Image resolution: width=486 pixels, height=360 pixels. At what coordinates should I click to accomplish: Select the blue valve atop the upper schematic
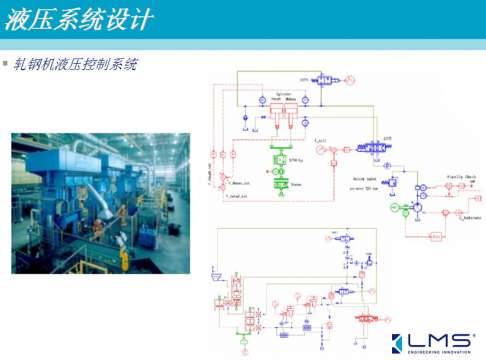323,79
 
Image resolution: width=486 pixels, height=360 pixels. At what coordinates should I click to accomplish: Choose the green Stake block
280,184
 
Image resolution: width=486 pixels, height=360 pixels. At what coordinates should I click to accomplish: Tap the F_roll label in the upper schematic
320,140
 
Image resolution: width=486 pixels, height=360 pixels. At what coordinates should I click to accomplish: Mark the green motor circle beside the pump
396,208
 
